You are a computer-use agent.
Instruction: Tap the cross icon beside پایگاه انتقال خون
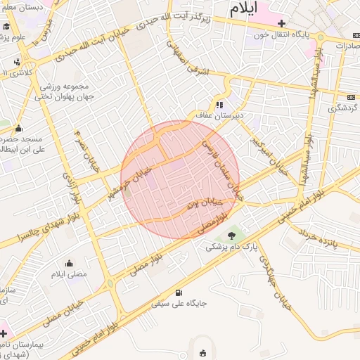pos(282,24)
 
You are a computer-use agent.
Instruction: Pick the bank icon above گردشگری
pos(350,97)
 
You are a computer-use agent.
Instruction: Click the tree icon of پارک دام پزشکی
pos(232,235)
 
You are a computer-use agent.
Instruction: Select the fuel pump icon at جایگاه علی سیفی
pos(179,292)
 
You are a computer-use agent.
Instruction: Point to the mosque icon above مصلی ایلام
pos(69,262)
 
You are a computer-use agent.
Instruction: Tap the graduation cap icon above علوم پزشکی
pos(6,26)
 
